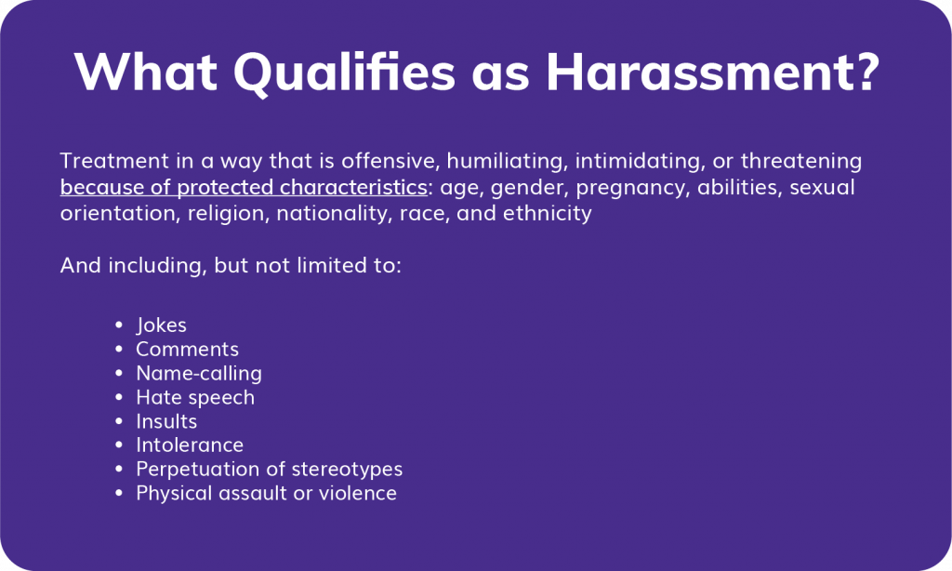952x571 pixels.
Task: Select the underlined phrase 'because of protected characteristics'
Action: coord(244,188)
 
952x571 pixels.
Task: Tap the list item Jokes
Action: coord(161,325)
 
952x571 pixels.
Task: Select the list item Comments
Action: coord(187,350)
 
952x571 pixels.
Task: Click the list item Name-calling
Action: coord(199,374)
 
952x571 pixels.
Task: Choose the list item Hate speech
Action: coord(195,398)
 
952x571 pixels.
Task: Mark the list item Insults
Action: coord(166,422)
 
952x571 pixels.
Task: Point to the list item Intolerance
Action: coord(190,445)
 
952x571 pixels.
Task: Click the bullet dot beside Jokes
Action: coord(119,325)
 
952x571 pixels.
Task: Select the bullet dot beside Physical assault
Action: coord(119,494)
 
